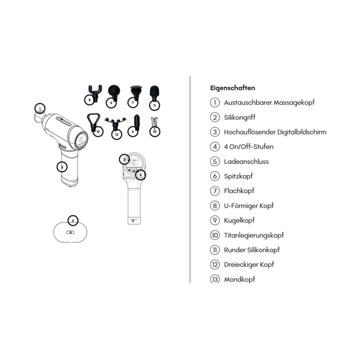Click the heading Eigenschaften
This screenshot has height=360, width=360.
(232, 88)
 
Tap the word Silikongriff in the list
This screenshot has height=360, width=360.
(239, 118)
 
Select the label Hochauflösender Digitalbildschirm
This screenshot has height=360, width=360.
(275, 132)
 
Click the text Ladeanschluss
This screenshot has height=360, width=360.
(247, 161)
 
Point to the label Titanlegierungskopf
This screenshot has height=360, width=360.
(254, 235)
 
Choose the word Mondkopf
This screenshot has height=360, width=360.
(239, 280)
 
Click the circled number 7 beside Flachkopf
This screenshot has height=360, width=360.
(215, 191)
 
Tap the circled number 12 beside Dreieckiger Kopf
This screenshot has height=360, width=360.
(215, 265)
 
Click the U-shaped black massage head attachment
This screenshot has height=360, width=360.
(95, 91)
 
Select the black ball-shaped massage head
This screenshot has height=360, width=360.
(114, 91)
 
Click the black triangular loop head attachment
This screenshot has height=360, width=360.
(93, 121)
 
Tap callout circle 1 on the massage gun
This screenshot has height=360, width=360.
(40, 109)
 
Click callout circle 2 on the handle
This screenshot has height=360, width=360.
(62, 167)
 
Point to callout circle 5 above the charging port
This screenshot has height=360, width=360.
(73, 221)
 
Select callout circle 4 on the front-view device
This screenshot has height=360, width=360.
(140, 175)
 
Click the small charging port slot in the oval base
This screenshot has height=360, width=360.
(70, 232)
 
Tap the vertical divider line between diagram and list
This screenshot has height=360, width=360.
(190, 180)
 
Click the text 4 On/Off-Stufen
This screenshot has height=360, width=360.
(248, 147)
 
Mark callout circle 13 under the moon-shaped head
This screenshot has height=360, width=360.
(116, 134)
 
